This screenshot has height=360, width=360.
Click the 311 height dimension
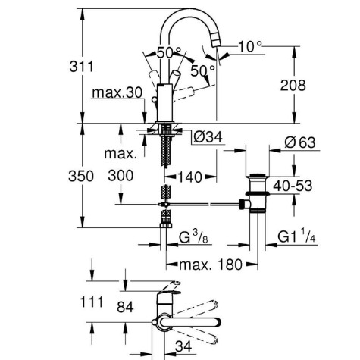point(81,67)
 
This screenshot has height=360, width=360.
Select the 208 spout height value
point(293,85)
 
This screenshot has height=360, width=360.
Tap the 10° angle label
point(250,46)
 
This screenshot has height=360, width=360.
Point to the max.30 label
point(117,92)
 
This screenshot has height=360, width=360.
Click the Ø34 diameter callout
point(208,137)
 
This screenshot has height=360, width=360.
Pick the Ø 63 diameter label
point(300,142)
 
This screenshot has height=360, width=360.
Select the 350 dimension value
point(81,176)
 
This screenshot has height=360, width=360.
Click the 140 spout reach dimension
point(190,177)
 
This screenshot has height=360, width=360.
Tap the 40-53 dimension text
point(293,186)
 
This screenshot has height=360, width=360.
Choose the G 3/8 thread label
point(193,237)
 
